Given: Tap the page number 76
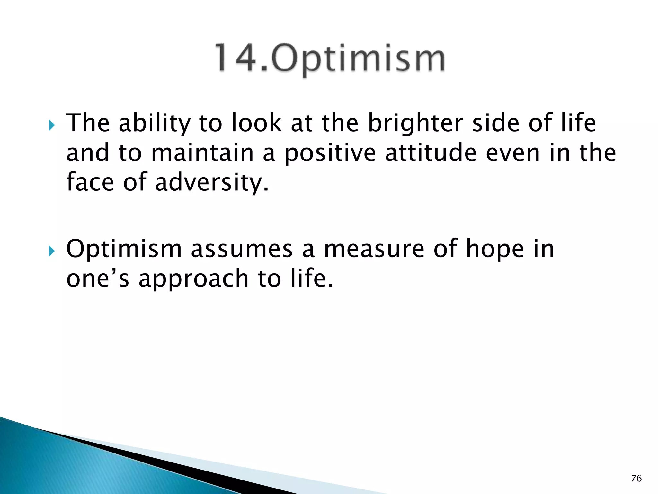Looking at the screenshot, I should pos(636,479).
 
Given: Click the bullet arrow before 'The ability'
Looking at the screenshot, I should pos(52,125).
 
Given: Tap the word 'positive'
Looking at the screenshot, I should pos(330,153).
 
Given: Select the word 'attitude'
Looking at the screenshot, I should pos(431,153).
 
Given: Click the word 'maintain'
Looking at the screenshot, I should pos(202,153).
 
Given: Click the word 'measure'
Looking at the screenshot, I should pos(374,249).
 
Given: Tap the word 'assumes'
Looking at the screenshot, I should pos(242,249).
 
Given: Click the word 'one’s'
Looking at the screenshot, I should pos(98,279).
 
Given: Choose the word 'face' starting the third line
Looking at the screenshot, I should pos(90,182).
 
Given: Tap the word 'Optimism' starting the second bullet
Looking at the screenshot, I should pos(124,249).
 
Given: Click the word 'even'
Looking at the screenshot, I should pos(513,153).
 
